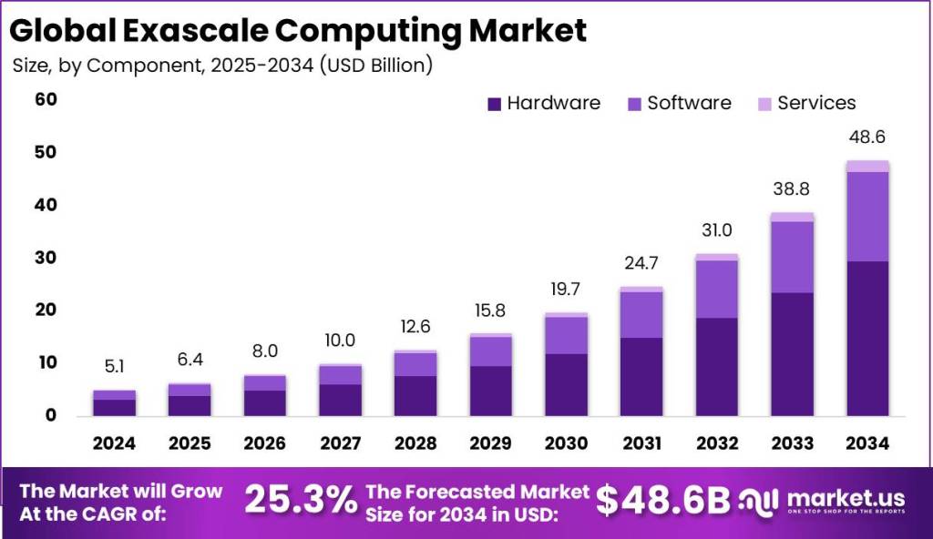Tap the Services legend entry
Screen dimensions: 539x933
pos(806,103)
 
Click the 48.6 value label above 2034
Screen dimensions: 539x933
pos(867,137)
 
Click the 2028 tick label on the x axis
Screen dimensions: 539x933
pos(415,442)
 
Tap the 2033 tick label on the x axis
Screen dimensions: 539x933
pos(792,442)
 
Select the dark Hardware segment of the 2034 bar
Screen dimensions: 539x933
pos(867,338)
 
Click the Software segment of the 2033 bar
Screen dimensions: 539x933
pos(792,257)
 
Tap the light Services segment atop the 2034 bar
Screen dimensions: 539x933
pos(867,166)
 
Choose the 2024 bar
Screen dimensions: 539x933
pos(115,402)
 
